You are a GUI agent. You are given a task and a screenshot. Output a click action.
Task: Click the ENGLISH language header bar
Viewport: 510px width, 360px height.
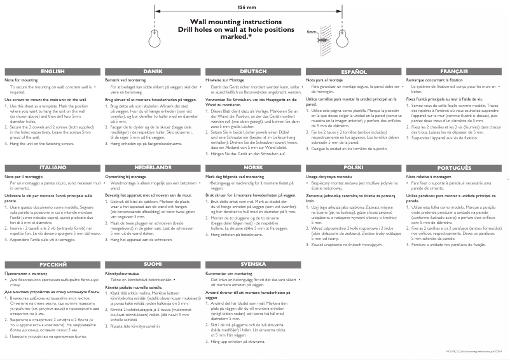(52, 72)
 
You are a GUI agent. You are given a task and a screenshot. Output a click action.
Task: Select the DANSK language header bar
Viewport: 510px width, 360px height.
(153, 72)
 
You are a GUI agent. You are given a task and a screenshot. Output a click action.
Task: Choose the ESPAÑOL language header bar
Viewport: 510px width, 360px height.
(354, 72)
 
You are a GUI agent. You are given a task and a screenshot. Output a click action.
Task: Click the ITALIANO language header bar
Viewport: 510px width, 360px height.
(52, 167)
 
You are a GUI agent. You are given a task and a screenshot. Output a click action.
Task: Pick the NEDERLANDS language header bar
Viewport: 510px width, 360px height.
(153, 167)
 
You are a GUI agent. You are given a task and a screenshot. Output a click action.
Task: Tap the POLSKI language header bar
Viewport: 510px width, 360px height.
(354, 167)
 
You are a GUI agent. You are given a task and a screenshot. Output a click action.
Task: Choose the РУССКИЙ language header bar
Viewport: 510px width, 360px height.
(52, 263)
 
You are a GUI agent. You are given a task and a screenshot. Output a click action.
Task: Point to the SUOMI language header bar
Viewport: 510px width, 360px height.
(153, 263)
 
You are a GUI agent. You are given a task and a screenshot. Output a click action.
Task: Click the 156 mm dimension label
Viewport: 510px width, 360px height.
(242, 6)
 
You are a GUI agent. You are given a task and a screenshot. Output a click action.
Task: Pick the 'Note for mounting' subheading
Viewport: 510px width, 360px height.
(20, 81)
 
